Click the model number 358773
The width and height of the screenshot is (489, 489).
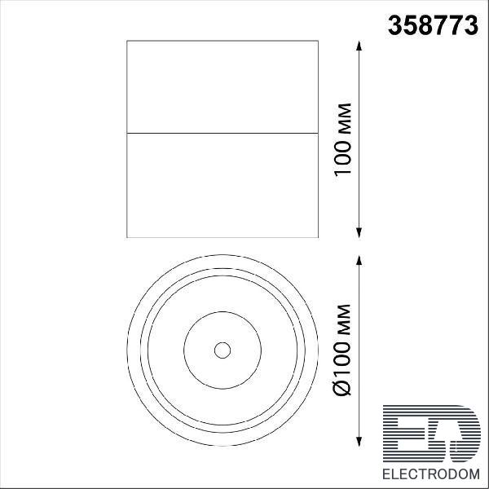click(x=433, y=25)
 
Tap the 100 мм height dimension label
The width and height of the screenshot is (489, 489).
click(x=343, y=140)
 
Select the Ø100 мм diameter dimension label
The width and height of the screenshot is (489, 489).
click(x=343, y=350)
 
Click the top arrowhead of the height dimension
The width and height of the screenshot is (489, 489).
click(x=359, y=46)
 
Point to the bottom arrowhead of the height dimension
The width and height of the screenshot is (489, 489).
click(x=359, y=232)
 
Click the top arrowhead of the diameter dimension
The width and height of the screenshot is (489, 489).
click(x=359, y=260)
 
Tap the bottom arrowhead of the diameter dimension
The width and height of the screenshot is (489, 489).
click(x=359, y=442)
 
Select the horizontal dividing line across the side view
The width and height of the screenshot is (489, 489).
click(x=222, y=133)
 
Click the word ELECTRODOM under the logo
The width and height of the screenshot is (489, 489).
click(x=431, y=474)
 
